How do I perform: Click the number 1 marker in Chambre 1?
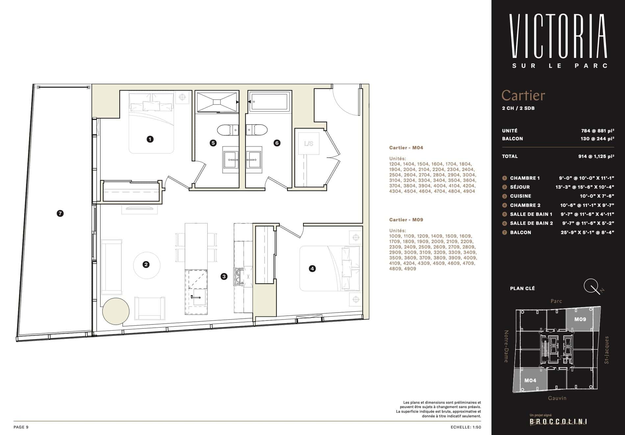(150, 139)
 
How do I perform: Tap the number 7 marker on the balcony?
(60, 214)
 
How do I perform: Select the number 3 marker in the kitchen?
(224, 276)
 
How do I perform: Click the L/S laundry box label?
(309, 144)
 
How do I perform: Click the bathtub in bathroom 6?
(269, 101)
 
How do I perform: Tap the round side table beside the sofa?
(115, 311)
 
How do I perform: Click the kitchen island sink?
(199, 296)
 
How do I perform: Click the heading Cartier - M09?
(406, 220)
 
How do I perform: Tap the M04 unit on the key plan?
(530, 380)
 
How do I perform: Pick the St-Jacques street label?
(607, 350)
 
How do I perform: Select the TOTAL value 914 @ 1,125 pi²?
(596, 156)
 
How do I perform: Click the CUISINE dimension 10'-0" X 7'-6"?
(597, 196)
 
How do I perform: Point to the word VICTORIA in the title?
(558, 36)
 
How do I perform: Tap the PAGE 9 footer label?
(21, 427)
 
